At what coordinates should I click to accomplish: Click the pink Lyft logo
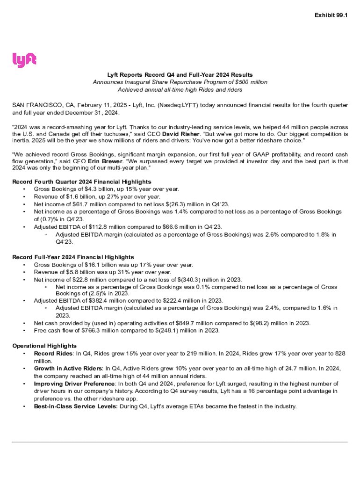24,60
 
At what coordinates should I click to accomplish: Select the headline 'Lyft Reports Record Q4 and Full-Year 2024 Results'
180,74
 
